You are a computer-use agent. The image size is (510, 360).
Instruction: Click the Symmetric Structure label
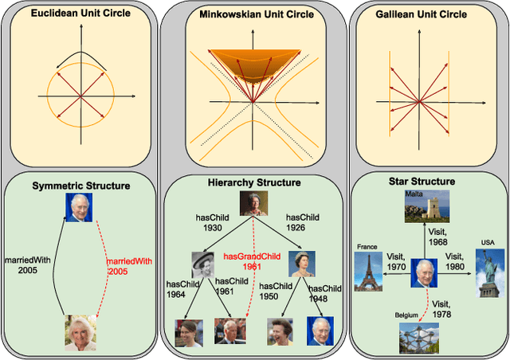pyautogui.click(x=80, y=186)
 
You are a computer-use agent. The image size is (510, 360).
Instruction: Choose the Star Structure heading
pyautogui.click(x=427, y=182)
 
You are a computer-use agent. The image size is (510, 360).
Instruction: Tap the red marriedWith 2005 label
pyautogui.click(x=129, y=267)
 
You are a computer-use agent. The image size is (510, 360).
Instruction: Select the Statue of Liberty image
pyautogui.click(x=489, y=272)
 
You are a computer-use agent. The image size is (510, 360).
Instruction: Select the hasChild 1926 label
pyautogui.click(x=303, y=222)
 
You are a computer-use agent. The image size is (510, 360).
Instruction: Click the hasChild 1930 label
pyautogui.click(x=213, y=222)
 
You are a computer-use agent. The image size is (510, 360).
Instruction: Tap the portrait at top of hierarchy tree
pyautogui.click(x=253, y=205)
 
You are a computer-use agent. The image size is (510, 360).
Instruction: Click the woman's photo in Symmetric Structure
pyautogui.click(x=80, y=333)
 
